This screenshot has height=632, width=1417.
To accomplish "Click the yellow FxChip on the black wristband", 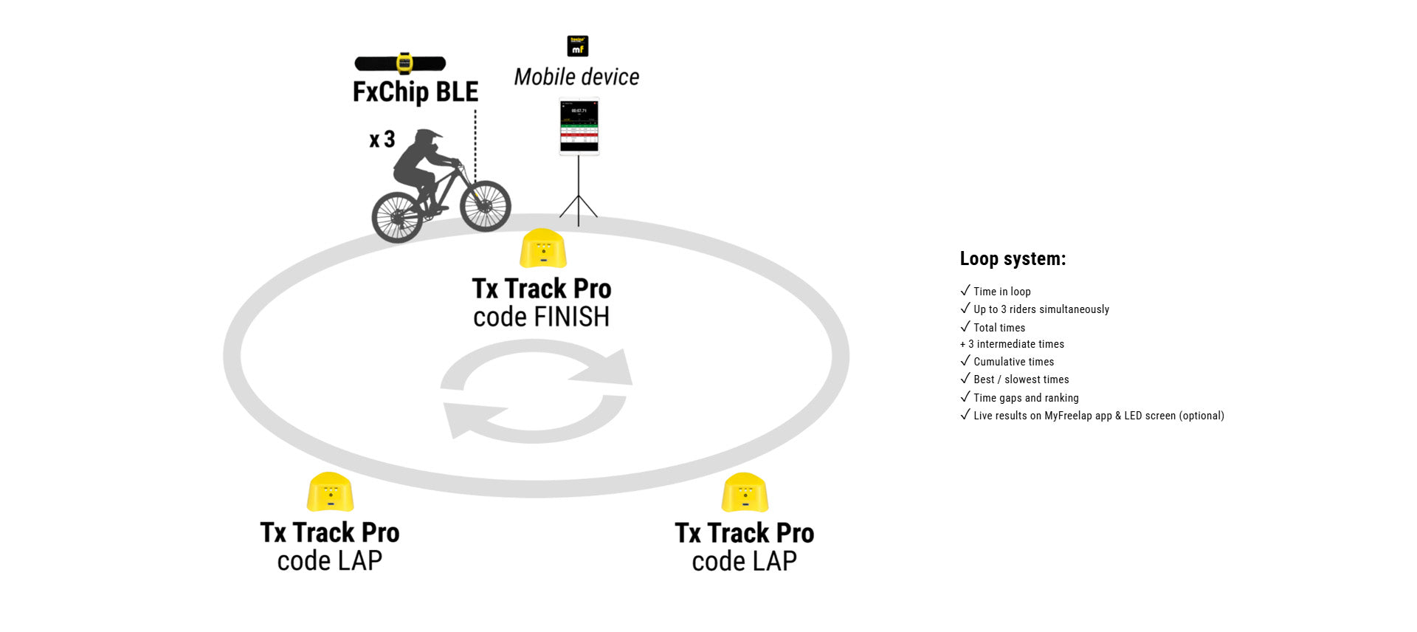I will [x=404, y=63].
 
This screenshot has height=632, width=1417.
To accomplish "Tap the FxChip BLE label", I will [x=416, y=92].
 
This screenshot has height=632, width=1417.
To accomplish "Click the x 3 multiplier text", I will [x=382, y=140].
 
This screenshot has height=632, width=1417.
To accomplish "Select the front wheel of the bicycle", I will [x=485, y=206].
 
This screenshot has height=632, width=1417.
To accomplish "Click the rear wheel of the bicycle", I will [x=397, y=217].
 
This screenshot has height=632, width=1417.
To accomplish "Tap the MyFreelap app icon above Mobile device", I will [x=577, y=46].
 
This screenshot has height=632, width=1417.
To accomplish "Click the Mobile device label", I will [x=576, y=77].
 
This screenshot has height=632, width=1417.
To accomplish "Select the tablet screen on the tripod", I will [x=579, y=126].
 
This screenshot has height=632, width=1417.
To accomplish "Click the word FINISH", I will [x=573, y=317].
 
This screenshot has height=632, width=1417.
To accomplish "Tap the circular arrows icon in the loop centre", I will [x=536, y=391].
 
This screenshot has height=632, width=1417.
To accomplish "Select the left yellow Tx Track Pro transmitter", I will [x=330, y=492].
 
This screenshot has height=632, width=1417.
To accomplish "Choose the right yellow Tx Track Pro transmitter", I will [x=745, y=492].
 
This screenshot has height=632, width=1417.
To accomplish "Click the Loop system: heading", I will [x=1013, y=259].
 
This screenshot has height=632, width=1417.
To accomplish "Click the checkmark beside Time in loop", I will [x=965, y=291].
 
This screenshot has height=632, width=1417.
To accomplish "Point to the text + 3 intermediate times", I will [x=1012, y=344].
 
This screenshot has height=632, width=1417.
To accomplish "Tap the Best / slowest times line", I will [x=1021, y=379].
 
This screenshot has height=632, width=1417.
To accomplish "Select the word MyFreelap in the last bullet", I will [x=1068, y=416].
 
